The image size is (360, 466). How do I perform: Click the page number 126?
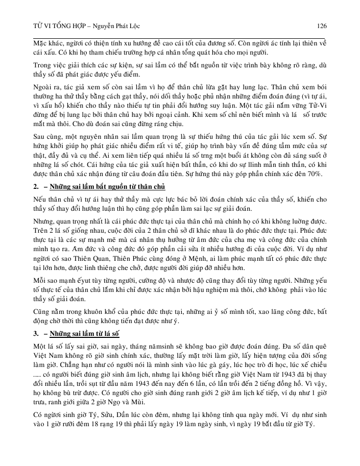pyautogui.click(x=322, y=25)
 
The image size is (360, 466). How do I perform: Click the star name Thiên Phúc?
pyautogui.click(x=135, y=258)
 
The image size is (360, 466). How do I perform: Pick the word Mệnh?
pyautogui.click(x=199, y=258)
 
